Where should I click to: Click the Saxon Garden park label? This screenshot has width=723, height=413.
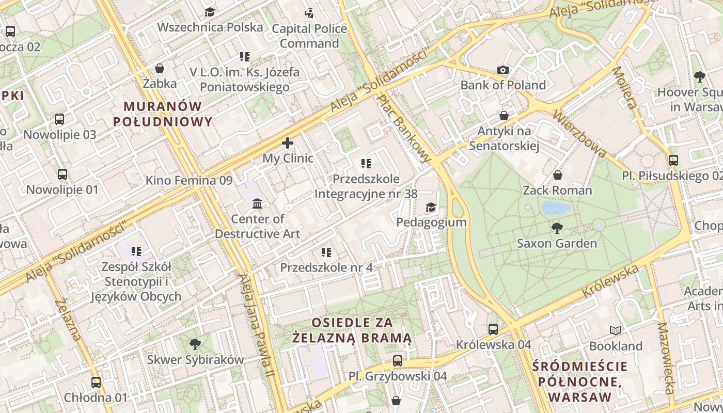[557, 243]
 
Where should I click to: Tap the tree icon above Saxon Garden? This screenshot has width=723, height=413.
[557, 228]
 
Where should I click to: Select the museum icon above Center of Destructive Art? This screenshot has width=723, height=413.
[257, 204]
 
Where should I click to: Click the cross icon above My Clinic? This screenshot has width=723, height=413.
[288, 143]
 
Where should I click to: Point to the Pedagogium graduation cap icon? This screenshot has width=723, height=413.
[431, 208]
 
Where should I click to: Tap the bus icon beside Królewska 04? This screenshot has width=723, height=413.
[493, 329]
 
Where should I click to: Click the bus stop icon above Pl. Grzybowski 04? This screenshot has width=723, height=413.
[397, 361]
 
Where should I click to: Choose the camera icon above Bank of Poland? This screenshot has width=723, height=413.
[503, 70]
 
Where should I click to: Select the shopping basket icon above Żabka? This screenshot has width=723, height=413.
[160, 68]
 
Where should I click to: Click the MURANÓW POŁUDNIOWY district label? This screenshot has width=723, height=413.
[163, 114]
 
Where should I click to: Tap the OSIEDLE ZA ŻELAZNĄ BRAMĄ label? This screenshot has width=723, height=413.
[352, 330]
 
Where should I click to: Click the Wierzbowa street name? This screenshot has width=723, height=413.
[579, 133]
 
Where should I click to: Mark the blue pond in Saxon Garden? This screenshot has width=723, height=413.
[556, 208]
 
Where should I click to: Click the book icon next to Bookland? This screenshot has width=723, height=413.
[616, 330]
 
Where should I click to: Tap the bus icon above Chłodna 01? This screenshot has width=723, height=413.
[96, 383]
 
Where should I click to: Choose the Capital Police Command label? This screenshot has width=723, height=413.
[309, 36]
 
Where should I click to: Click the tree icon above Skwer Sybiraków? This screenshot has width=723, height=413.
[195, 344]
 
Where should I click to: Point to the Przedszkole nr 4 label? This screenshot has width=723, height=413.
[326, 267]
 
